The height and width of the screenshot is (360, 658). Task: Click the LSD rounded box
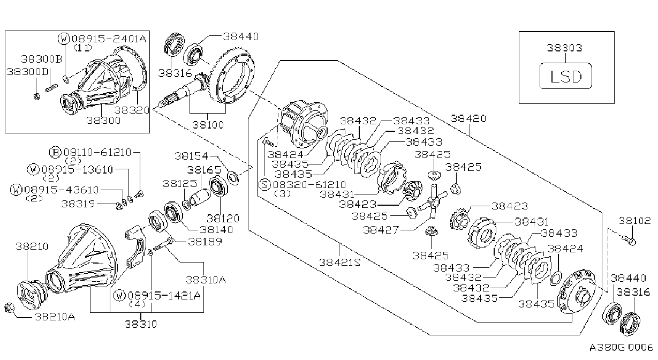coord(566,76)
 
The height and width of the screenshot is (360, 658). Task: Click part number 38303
coord(565,48)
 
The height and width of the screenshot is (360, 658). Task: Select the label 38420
coord(468,119)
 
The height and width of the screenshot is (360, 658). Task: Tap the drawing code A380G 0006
coord(621,347)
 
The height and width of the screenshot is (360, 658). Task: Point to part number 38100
coord(208,125)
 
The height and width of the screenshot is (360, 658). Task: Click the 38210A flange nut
coord(9,308)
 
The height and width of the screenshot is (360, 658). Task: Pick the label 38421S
coord(340,262)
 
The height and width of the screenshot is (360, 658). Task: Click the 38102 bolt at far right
coord(629,241)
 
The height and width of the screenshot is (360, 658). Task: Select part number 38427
coord(381,229)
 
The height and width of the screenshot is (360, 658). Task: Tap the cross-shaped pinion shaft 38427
coord(433,201)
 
